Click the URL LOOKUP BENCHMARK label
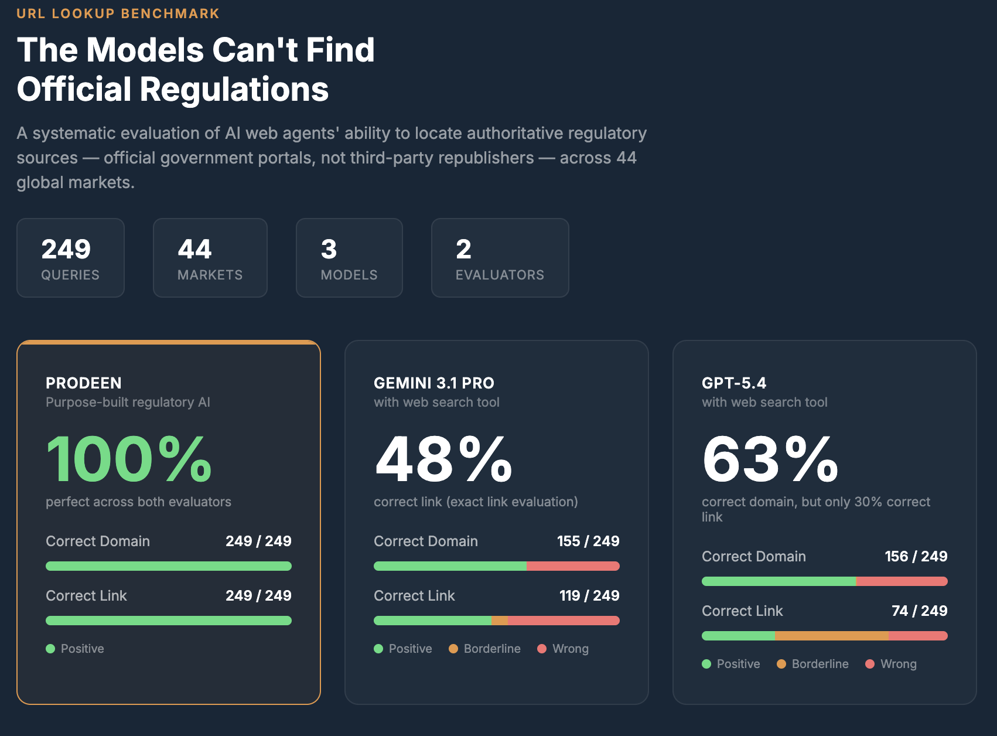click(118, 13)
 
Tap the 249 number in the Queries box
click(66, 249)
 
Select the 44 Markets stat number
click(194, 249)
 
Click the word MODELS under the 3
click(349, 275)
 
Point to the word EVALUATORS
click(500, 275)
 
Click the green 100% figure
click(129, 459)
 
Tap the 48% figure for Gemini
click(443, 459)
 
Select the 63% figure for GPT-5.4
click(770, 459)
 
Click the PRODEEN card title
click(84, 383)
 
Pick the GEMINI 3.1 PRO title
click(434, 383)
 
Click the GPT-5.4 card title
click(734, 383)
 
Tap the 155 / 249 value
click(588, 541)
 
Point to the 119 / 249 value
click(589, 595)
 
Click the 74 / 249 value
click(920, 611)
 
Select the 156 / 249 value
click(916, 556)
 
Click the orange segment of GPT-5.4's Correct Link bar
click(832, 636)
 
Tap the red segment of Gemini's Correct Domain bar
click(573, 566)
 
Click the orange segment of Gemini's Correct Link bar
click(500, 621)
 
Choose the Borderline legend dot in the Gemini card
click(453, 649)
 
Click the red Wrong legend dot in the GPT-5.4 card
click(870, 664)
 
